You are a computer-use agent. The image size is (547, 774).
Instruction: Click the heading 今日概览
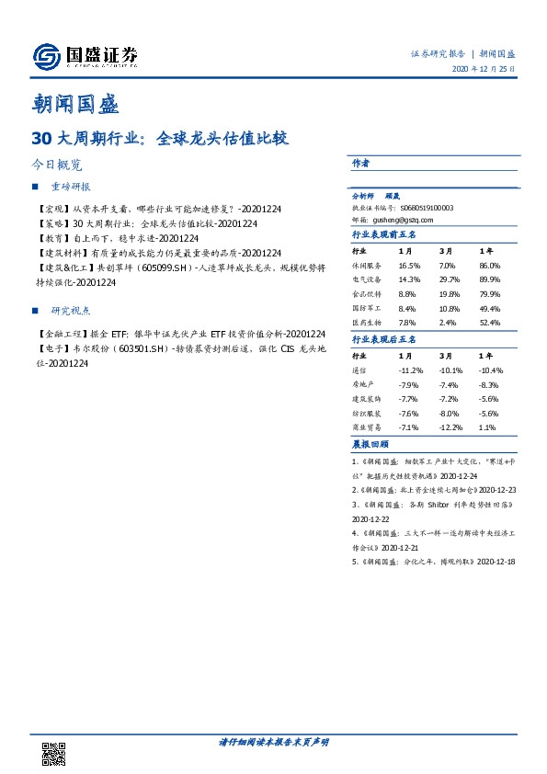coord(57,165)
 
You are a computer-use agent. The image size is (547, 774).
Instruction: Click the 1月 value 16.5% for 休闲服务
coord(408,264)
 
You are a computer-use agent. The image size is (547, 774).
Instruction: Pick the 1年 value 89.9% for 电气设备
coord(489,279)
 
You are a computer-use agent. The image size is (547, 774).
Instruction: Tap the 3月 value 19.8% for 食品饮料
coord(449,293)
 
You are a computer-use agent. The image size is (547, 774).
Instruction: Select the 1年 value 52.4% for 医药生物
coord(489,323)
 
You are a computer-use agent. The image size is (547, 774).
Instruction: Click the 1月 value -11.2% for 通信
coord(410,370)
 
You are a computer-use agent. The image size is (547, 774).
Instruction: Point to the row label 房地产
coord(365,384)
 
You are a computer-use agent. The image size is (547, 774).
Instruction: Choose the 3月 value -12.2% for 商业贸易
coord(449,428)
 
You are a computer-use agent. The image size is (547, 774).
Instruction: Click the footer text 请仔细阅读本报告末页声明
coord(273,741)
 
